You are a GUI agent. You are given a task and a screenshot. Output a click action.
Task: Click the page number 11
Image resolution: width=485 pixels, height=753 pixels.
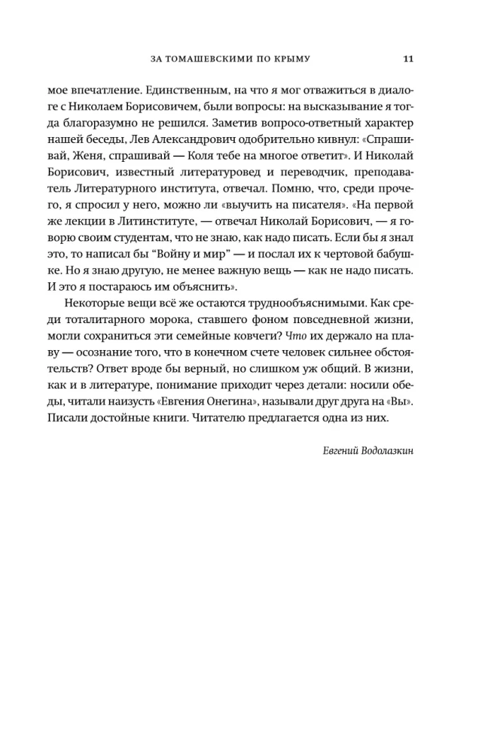click(x=407, y=59)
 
